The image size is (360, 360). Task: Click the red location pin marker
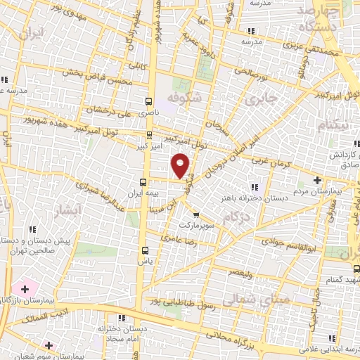coord(181,165)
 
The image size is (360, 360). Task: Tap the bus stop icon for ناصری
coord(148,101)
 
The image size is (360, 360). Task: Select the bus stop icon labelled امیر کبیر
coord(149,135)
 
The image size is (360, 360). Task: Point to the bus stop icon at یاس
coord(146,250)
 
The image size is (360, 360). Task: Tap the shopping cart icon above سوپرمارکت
coord(195,215)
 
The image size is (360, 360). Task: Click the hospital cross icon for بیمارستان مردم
coord(318,179)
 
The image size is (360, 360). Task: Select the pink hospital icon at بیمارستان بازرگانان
coord(25,289)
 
